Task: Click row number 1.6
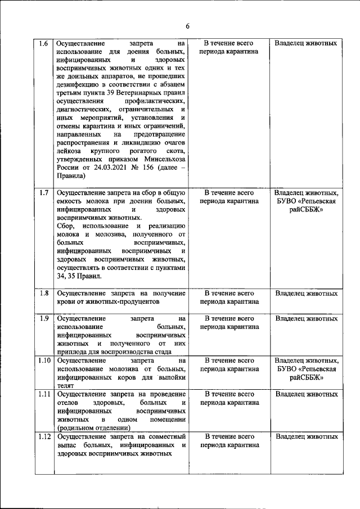pyautogui.click(x=43, y=43)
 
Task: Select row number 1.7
pyautogui.click(x=43, y=192)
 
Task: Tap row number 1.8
pyautogui.click(x=43, y=293)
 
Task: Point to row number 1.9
pyautogui.click(x=43, y=318)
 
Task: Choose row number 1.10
pyautogui.click(x=44, y=361)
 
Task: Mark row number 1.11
pyautogui.click(x=44, y=394)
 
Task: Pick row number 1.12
pyautogui.click(x=44, y=436)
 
